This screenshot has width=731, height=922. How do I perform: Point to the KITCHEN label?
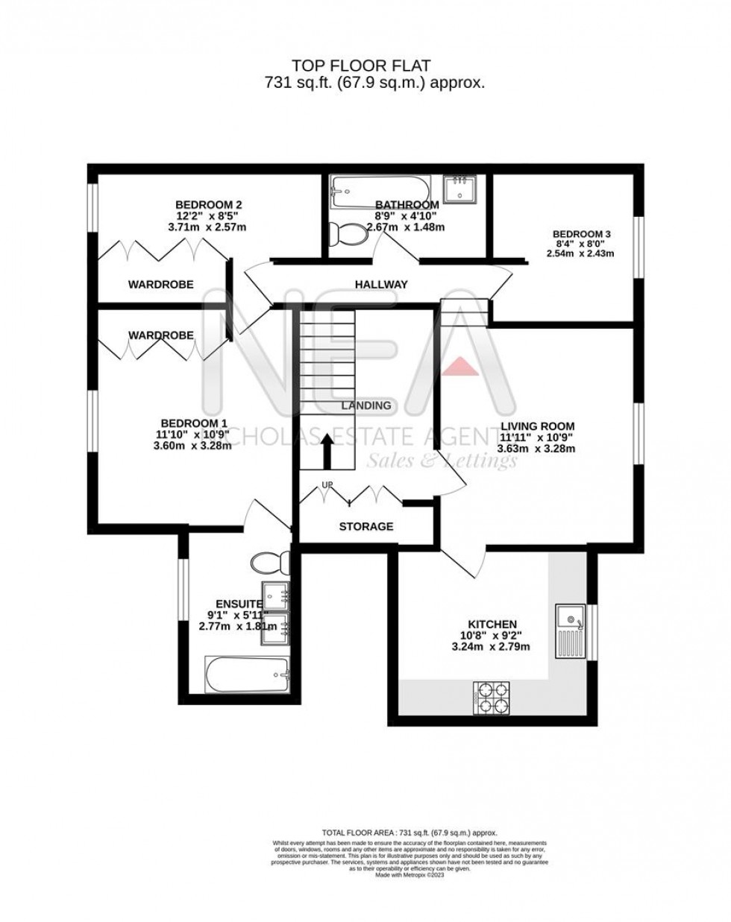[492, 624]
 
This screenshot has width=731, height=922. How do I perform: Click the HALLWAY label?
[381, 284]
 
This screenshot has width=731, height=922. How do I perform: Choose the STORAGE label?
[365, 526]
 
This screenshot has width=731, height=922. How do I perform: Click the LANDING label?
[365, 405]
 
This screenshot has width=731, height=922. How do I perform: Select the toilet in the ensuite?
[266, 561]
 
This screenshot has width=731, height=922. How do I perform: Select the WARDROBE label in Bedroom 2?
[160, 284]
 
